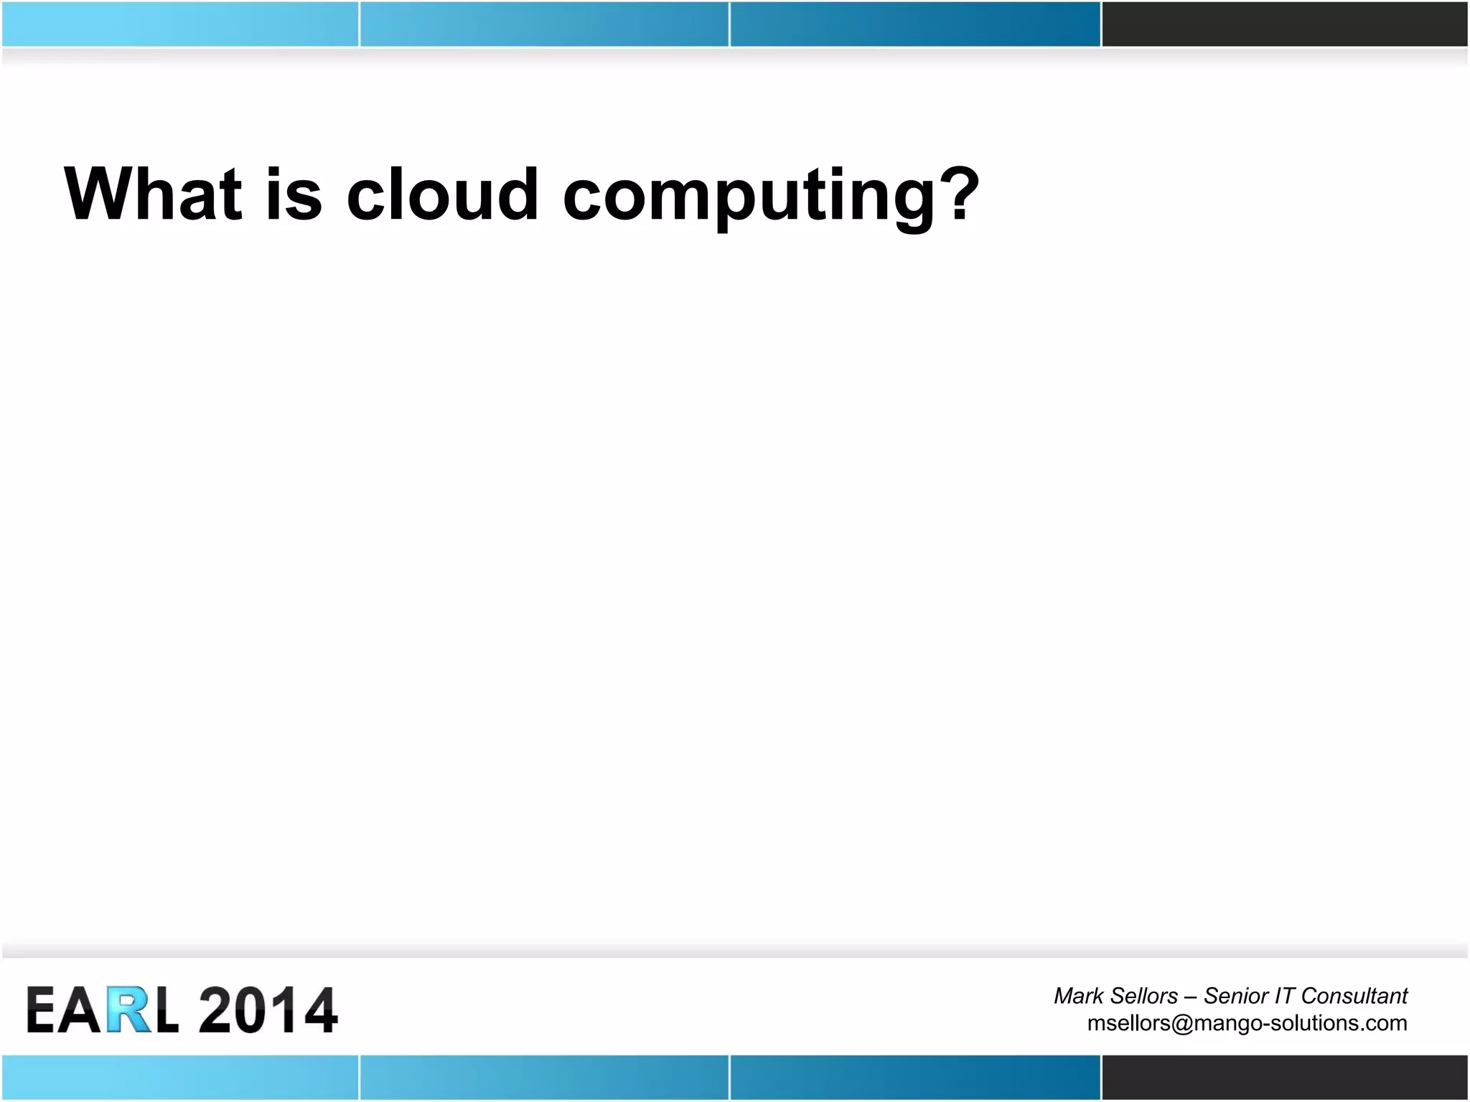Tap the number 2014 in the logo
tap(267, 1009)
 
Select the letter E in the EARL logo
tap(42, 1009)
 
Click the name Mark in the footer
tap(1078, 996)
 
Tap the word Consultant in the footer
tap(1354, 996)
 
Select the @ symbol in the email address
tap(1182, 1023)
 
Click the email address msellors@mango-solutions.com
tap(1247, 1023)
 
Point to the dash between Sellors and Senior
tap(1190, 997)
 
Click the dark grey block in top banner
tap(1284, 24)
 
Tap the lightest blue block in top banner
tap(179, 24)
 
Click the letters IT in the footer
tap(1284, 996)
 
